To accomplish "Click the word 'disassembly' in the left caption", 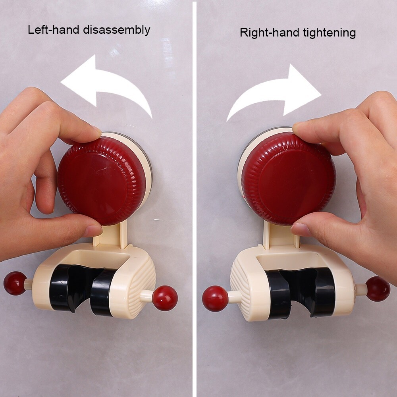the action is click(117, 30).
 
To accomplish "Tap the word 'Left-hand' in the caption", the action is click(54, 30).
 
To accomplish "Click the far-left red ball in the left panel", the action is click(15, 283).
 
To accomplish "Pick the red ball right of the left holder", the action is click(165, 298).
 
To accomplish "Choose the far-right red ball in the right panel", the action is click(378, 289).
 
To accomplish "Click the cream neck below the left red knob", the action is click(110, 234).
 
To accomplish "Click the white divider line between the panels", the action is click(195, 198).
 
